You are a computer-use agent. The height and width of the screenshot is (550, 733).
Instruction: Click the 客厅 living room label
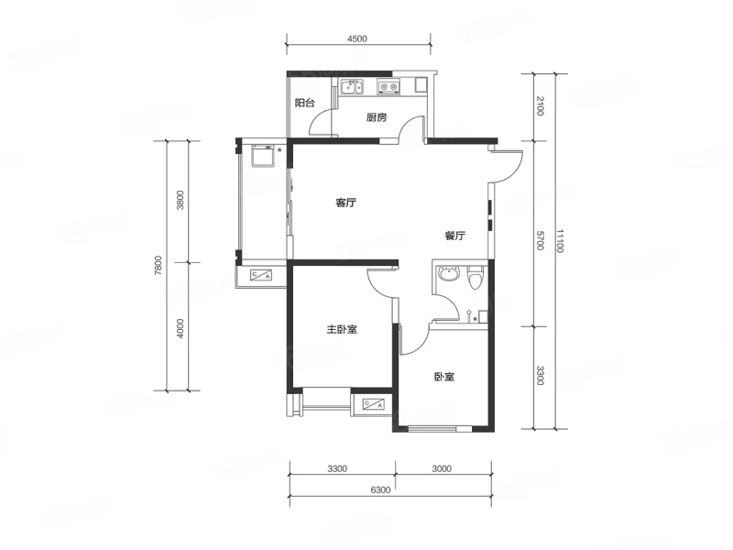(x=346, y=203)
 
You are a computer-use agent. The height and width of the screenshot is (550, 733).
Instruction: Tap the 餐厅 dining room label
(x=454, y=236)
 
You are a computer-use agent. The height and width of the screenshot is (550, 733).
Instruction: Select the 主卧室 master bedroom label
(x=342, y=329)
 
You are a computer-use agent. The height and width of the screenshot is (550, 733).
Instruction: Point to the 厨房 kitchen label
(x=377, y=117)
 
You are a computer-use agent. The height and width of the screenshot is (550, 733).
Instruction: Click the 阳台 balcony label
(x=305, y=103)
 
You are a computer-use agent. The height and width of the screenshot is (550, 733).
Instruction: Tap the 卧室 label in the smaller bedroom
(x=444, y=377)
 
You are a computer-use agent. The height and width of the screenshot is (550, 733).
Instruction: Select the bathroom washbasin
(x=449, y=273)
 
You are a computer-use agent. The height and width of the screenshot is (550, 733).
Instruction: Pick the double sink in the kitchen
(x=352, y=87)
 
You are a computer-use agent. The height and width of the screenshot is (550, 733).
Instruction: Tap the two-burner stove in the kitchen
(x=388, y=87)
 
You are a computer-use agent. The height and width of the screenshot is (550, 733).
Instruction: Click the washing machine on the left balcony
(x=262, y=156)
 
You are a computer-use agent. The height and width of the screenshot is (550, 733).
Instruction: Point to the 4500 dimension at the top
(x=357, y=38)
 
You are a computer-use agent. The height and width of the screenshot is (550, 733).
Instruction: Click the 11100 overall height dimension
(x=560, y=241)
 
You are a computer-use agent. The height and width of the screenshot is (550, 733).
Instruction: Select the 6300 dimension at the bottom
(x=380, y=489)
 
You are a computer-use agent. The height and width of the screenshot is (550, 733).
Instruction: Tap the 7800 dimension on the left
(x=158, y=266)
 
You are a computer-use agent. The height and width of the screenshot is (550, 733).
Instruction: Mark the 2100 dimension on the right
(x=540, y=105)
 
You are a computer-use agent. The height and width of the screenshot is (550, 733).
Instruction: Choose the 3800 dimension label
(x=181, y=200)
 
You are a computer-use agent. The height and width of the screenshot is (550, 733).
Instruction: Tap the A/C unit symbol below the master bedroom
(x=374, y=403)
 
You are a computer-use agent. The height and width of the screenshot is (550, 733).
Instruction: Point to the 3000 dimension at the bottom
(x=442, y=468)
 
